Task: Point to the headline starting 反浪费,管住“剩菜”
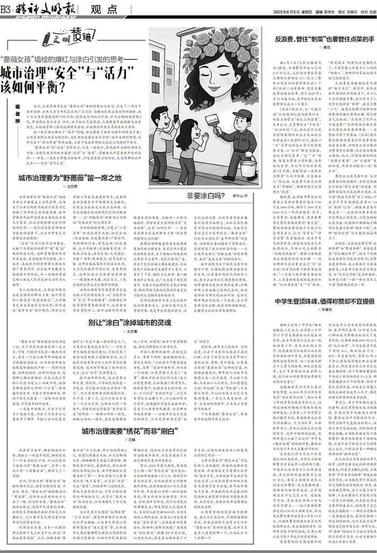(325, 39)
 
